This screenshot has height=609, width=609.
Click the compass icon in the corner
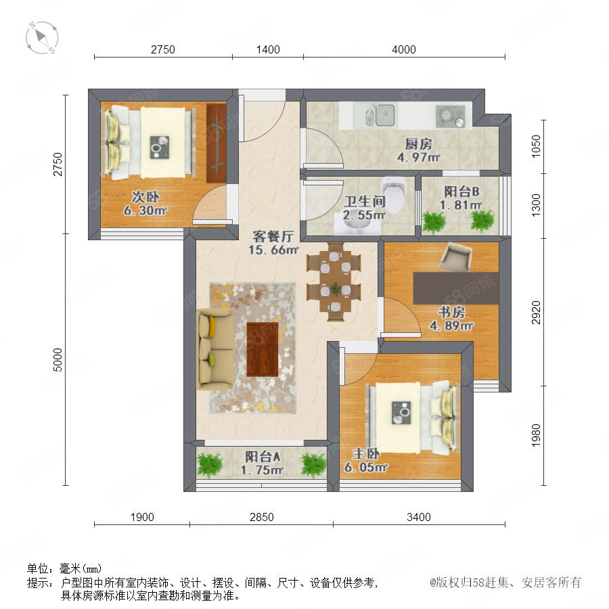[41, 38]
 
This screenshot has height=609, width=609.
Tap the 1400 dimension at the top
[268, 49]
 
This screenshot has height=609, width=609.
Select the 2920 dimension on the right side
[536, 312]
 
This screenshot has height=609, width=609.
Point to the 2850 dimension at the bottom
[261, 517]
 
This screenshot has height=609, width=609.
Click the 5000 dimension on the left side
[57, 360]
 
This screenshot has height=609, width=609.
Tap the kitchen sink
[380, 115]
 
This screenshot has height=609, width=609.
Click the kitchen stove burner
[450, 116]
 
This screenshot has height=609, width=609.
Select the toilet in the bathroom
[394, 195]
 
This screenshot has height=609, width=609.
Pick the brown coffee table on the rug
[263, 349]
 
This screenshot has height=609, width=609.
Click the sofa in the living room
[215, 349]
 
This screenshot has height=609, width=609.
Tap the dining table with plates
[335, 281]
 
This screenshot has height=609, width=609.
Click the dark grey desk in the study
[455, 288]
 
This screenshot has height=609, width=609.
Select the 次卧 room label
[145, 197]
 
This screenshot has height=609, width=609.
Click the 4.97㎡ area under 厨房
[418, 157]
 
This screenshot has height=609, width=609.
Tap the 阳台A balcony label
[263, 456]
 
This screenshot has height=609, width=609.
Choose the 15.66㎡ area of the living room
[273, 249]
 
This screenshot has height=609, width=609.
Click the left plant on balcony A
[210, 465]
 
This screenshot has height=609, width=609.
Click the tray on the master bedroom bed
[401, 413]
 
